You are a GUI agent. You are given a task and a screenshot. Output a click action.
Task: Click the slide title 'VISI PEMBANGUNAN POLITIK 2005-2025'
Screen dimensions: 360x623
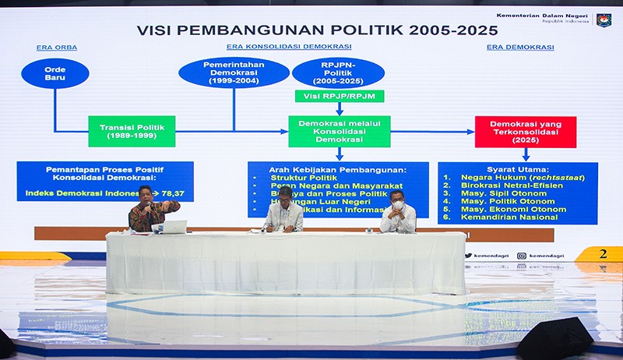coord(318,30)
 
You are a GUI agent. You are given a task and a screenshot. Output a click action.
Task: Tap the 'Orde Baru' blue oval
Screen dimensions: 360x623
coord(55,73)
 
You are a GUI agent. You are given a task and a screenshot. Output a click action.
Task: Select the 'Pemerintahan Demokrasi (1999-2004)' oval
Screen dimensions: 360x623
coord(234,72)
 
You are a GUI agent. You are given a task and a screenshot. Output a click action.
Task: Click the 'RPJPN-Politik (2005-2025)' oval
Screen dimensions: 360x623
coord(338,72)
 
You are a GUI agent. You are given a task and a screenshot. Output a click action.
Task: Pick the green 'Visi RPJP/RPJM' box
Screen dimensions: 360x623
coord(339,96)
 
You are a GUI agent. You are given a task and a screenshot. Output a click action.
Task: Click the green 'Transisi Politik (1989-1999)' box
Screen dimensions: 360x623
coord(132,131)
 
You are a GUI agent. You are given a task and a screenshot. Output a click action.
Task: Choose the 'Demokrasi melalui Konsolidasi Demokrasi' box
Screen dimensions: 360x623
coord(339,131)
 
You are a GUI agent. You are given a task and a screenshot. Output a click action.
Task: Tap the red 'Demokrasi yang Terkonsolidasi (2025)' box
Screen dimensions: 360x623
coord(525,132)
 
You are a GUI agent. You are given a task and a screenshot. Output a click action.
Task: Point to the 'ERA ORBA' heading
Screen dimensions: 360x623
coord(56,48)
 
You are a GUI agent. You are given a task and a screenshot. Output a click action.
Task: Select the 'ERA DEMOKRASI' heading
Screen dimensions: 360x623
coord(520,48)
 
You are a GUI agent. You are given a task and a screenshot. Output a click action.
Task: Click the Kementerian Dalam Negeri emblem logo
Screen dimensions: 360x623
coord(604,19)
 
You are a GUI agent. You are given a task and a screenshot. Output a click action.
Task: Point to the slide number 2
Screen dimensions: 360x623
coord(603,254)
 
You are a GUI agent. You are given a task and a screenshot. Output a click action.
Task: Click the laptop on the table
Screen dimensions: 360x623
coord(174,227)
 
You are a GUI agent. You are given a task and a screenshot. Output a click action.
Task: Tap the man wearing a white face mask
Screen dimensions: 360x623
coord(398,213)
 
